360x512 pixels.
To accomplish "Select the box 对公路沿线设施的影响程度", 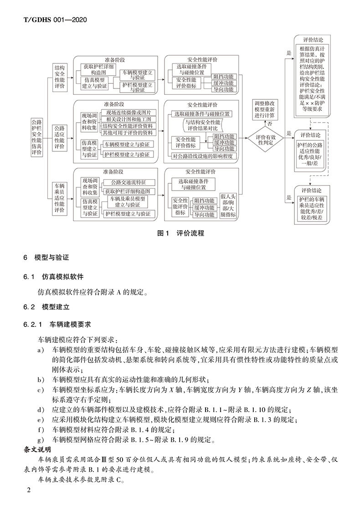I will point(202,156).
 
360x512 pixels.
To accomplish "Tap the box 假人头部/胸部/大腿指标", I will point(227,206).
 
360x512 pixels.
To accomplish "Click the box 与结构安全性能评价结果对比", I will point(202,125).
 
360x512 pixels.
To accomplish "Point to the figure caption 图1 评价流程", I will point(180,233).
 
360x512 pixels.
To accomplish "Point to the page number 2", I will point(29,490).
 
